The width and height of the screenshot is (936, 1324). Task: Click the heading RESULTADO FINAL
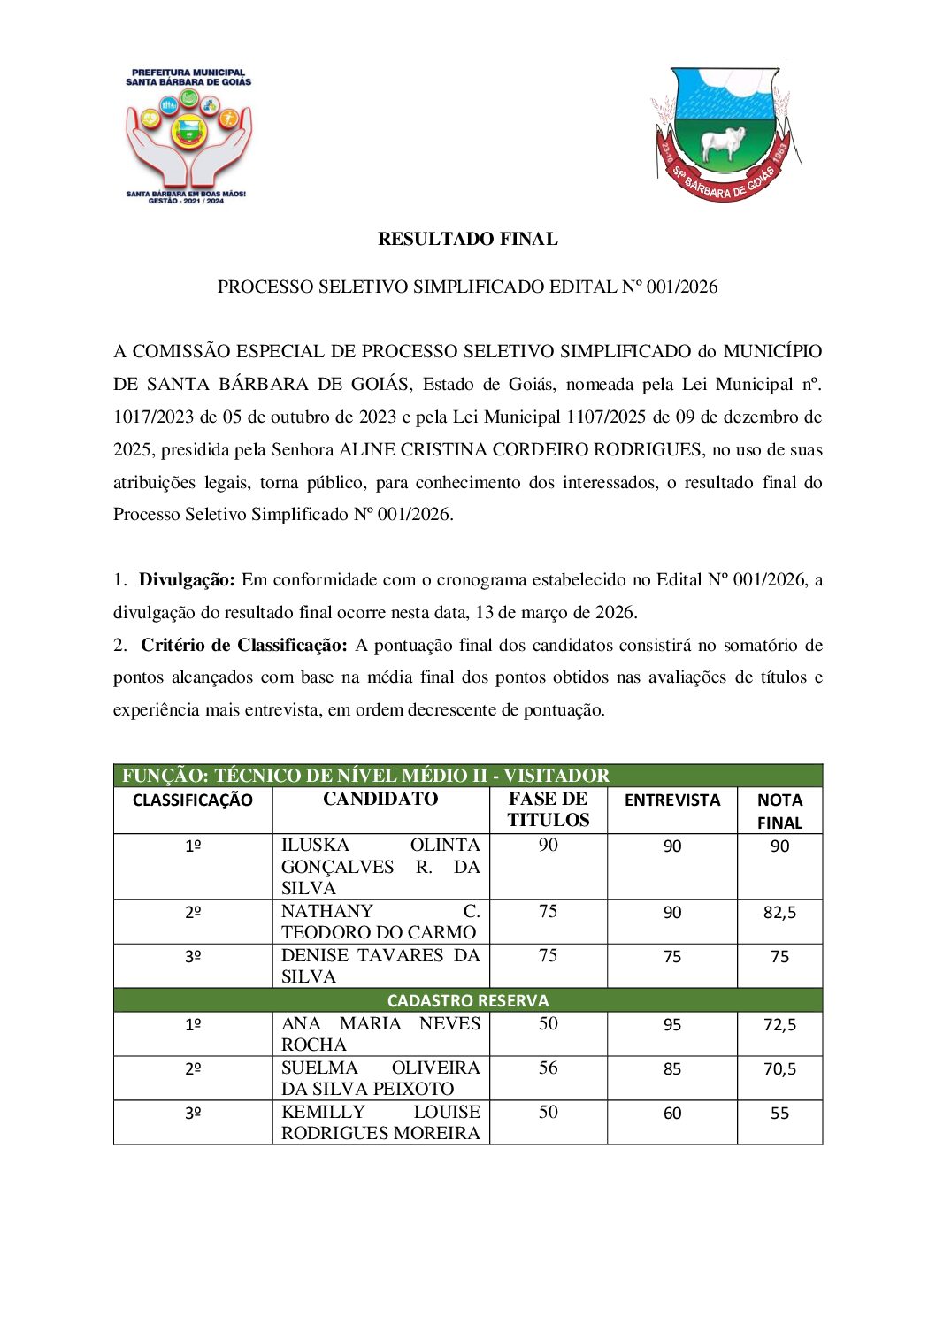click(467, 239)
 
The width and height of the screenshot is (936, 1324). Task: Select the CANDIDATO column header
click(380, 800)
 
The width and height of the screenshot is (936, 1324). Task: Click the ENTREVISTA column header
click(672, 800)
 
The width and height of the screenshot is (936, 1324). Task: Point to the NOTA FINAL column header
click(779, 811)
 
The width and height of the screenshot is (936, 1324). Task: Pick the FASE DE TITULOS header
click(548, 809)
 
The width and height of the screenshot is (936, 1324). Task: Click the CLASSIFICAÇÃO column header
click(193, 800)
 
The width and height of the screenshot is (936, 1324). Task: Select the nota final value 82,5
click(779, 913)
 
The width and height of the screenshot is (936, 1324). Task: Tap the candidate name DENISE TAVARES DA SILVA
click(380, 966)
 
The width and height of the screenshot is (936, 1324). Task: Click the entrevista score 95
click(672, 1025)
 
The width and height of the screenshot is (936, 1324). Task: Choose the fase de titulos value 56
click(548, 1068)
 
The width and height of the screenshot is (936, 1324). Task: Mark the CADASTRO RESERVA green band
click(467, 1000)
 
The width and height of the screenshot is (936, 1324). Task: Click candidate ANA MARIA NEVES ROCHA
click(380, 1034)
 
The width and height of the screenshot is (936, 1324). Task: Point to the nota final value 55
click(779, 1114)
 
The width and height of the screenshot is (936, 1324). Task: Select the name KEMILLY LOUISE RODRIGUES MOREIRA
click(380, 1122)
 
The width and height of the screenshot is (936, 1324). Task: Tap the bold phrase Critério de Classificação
click(244, 646)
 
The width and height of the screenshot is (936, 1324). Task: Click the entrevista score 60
click(672, 1114)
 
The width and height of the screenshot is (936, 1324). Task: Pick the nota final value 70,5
click(779, 1069)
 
